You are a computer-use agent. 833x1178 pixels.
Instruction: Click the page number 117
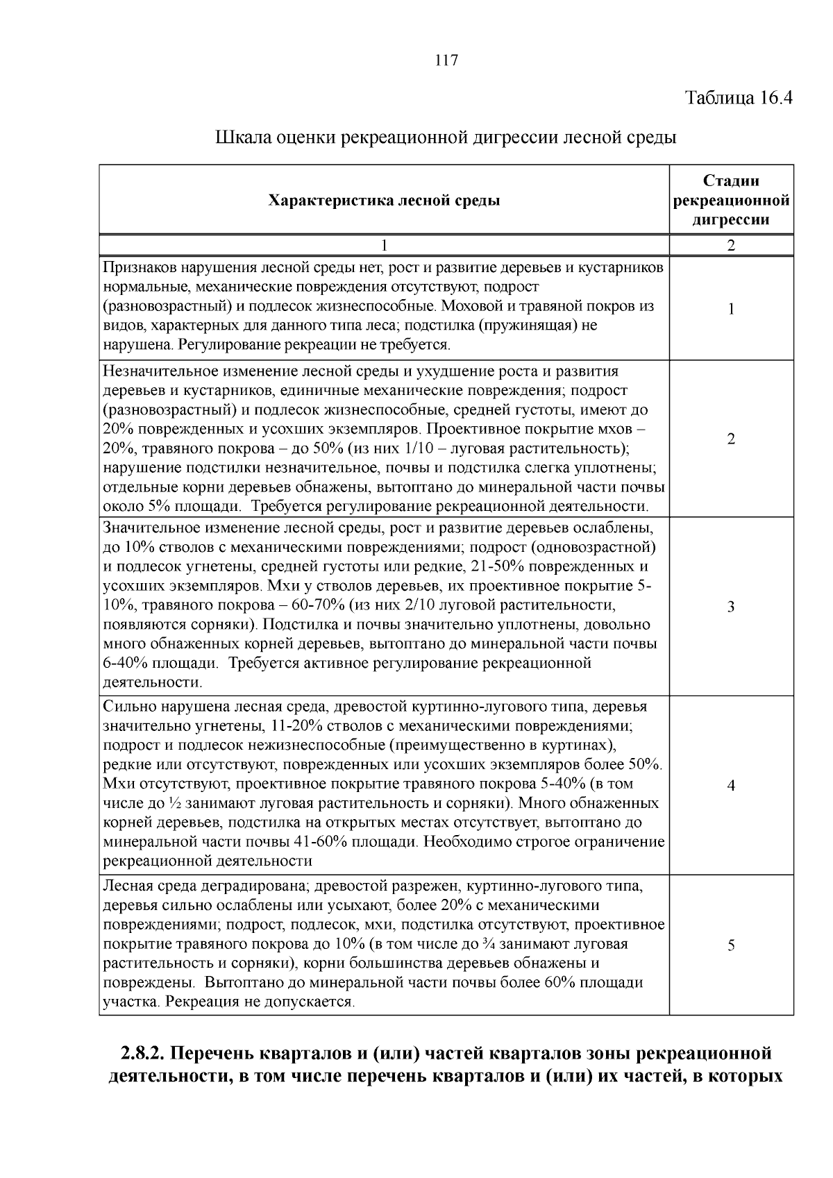coord(446,60)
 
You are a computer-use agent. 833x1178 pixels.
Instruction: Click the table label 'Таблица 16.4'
coord(739,97)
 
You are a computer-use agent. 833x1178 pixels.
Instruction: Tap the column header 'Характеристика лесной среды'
coord(384,201)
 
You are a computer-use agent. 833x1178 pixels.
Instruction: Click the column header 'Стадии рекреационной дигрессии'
coord(731,201)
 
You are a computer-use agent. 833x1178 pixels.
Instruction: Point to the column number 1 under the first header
coord(384,245)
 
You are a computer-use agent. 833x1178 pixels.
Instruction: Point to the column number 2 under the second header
coord(731,245)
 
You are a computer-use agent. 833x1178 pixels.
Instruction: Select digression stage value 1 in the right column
coord(731,309)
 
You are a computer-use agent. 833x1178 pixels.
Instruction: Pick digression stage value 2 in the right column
coord(731,439)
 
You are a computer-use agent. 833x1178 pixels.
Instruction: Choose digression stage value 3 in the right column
coord(731,607)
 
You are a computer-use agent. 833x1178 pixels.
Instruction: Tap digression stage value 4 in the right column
coord(731,786)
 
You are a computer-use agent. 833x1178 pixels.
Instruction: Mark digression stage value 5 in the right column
coord(731,945)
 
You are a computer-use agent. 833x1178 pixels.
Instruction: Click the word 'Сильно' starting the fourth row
coord(126,707)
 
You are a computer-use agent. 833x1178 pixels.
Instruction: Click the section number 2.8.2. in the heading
coord(142,1054)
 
